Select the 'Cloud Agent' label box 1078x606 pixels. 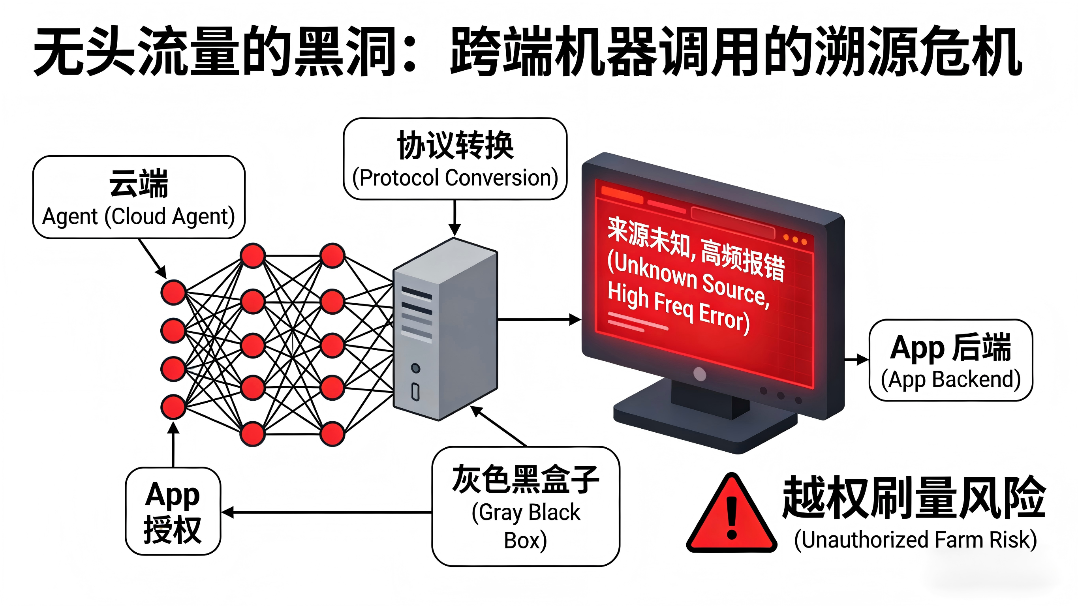tap(139, 197)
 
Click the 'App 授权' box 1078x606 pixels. tap(173, 511)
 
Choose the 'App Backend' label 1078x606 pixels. tap(950, 379)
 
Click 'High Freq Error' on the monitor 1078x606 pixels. tap(678, 308)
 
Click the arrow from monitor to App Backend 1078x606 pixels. tap(856, 359)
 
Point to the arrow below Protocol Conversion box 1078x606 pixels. tap(454, 218)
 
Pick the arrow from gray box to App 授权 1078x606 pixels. tap(327, 512)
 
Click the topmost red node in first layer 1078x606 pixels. tap(173, 292)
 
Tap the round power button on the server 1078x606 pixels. tap(415, 368)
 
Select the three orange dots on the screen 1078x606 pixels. tap(795, 240)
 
